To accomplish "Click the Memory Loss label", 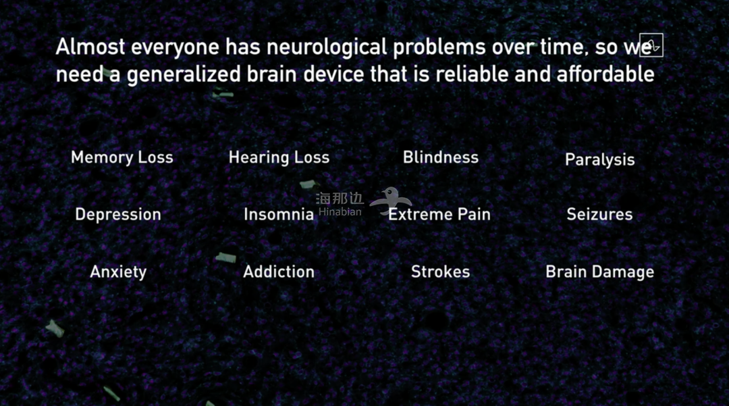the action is [122, 157].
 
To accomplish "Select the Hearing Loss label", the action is [279, 157].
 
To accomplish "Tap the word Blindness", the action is [440, 157].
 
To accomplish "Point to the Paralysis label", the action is [600, 160].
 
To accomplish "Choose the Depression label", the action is [118, 214].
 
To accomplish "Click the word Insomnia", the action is [279, 214].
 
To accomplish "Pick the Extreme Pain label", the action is [439, 214].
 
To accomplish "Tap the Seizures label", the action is [600, 214].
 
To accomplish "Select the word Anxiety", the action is [118, 272].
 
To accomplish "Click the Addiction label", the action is [279, 272].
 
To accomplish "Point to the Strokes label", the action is [440, 272].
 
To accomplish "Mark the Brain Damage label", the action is [600, 272].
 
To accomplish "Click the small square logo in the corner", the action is [651, 45].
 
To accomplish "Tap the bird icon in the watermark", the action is [391, 201].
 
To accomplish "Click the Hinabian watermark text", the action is [340, 212].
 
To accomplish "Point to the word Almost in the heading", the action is [90, 47].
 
